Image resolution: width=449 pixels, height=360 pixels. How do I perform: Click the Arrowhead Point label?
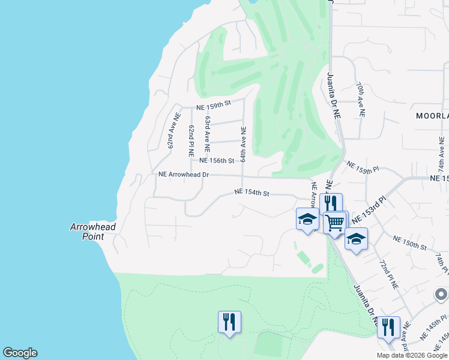pyautogui.click(x=92, y=232)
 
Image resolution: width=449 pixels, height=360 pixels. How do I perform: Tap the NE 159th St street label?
pyautogui.click(x=214, y=105)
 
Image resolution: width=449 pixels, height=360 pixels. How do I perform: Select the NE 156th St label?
pyautogui.click(x=216, y=161)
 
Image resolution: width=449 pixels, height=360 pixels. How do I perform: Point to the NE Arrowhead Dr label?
pyautogui.click(x=183, y=175)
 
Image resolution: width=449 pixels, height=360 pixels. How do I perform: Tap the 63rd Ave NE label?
pyautogui.click(x=207, y=133)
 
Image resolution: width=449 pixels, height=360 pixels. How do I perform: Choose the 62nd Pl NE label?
pyautogui.click(x=191, y=138)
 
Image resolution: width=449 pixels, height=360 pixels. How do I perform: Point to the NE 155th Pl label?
pyautogui.click(x=363, y=170)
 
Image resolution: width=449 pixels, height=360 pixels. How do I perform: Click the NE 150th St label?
pyautogui.click(x=409, y=243)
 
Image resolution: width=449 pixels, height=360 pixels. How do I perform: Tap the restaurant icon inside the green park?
pyautogui.click(x=229, y=322)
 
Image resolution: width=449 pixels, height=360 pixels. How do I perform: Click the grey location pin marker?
pyautogui.click(x=441, y=295)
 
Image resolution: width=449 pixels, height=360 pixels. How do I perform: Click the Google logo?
pyautogui.click(x=20, y=353)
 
